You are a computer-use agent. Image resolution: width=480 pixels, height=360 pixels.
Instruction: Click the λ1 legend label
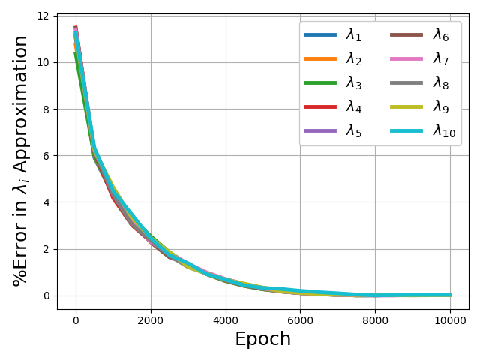[353, 35]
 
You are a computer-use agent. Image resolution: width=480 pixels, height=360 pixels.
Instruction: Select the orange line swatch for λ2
[320, 58]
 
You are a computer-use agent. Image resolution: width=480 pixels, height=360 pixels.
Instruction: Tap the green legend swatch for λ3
[320, 82]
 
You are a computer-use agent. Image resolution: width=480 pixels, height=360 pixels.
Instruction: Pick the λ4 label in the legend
[353, 106]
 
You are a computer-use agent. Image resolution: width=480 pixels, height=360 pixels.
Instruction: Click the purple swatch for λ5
[320, 130]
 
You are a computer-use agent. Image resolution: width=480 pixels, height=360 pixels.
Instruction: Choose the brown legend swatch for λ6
[406, 35]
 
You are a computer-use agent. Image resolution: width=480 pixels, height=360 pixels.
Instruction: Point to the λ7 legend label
[441, 58]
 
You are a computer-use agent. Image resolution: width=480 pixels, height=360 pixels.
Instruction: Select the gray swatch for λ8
[406, 82]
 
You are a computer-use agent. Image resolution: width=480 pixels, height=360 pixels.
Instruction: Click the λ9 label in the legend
[441, 106]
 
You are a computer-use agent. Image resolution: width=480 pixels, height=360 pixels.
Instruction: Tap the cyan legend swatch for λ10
[406, 130]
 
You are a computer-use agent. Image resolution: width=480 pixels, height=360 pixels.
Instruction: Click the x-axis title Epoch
[263, 339]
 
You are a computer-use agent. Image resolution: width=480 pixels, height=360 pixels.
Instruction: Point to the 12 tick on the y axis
[43, 16]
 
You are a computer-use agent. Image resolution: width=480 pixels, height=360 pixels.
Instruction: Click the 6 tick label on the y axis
[46, 156]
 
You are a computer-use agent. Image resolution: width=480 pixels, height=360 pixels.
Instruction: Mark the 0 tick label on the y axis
[46, 295]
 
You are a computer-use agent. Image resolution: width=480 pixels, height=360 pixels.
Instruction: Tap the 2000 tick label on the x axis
[150, 320]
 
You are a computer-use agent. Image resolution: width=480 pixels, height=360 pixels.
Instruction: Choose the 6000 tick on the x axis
[300, 320]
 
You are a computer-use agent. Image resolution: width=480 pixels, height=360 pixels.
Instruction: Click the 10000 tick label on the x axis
[450, 320]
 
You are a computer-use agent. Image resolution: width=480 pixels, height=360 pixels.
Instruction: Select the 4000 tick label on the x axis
[226, 320]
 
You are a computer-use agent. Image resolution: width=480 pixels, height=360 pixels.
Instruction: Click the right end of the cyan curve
[451, 295]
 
